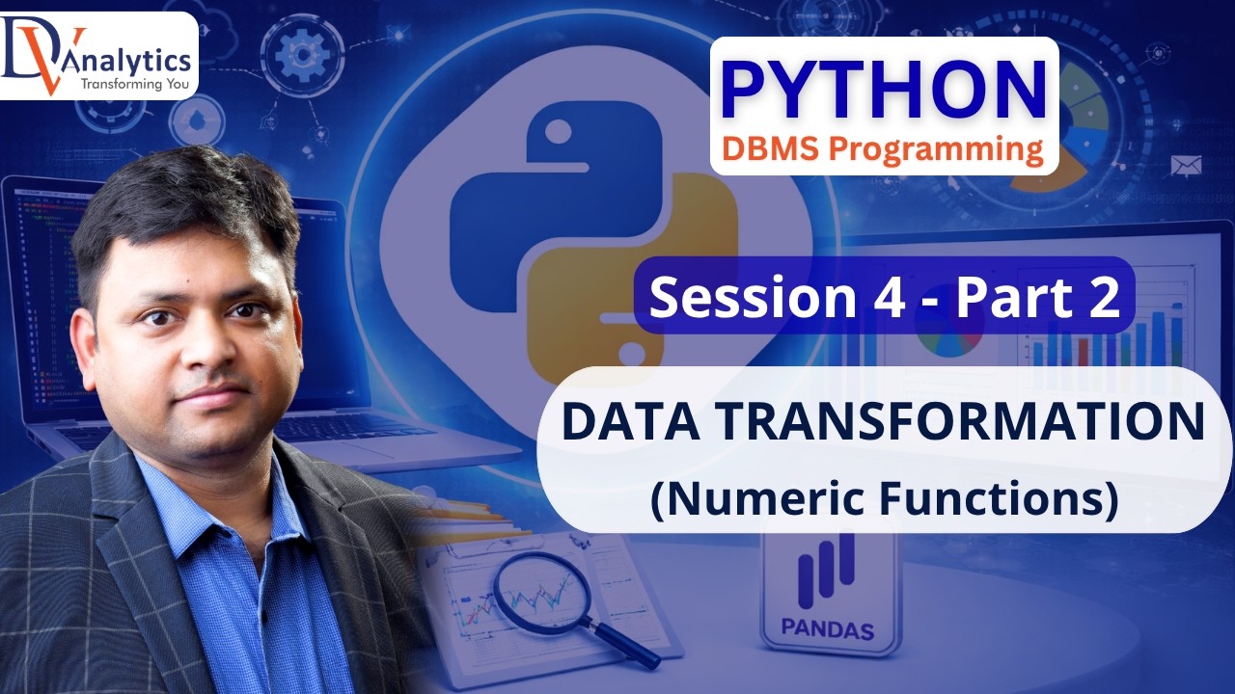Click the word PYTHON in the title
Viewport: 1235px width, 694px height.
(883, 90)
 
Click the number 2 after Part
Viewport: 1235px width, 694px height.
(1101, 297)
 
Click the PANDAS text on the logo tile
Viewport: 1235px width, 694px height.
(828, 632)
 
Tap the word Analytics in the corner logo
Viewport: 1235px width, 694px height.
(135, 60)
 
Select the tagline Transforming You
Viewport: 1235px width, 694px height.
(135, 84)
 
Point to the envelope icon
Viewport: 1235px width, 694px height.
(1185, 167)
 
